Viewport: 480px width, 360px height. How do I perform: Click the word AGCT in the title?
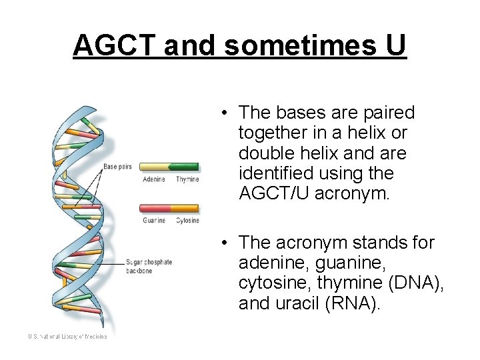(x=115, y=45)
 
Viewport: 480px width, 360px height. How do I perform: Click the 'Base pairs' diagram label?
(x=117, y=166)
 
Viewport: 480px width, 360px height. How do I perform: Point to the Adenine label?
(x=154, y=179)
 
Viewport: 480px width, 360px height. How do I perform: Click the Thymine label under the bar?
(x=187, y=179)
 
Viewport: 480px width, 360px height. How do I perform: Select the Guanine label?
(x=154, y=221)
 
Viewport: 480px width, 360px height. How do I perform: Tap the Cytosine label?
(x=187, y=221)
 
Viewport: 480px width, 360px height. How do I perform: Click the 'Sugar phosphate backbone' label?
(x=149, y=265)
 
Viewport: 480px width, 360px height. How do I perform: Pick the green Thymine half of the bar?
(x=183, y=167)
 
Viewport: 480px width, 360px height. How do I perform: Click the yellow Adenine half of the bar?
(x=154, y=167)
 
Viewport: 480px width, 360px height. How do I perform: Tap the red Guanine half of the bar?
(x=154, y=209)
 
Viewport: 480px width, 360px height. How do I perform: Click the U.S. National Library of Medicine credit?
(x=67, y=337)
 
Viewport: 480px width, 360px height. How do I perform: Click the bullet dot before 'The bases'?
(x=227, y=113)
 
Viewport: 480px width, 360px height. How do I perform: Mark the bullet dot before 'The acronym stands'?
(x=227, y=243)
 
